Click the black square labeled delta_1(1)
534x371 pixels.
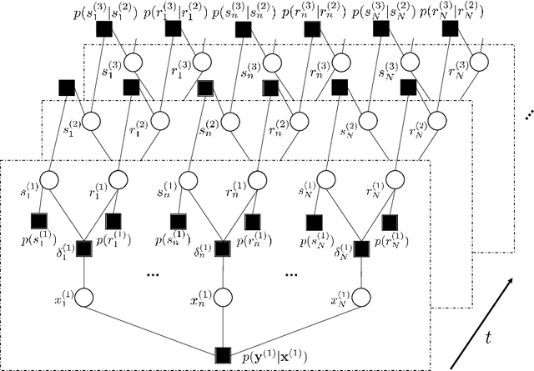(83, 248)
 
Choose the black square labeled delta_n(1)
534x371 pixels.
(223, 248)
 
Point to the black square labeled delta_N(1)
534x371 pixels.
(362, 248)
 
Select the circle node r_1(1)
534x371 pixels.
(118, 179)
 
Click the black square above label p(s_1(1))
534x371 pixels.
(38, 221)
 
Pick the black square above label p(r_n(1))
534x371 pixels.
(252, 221)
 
